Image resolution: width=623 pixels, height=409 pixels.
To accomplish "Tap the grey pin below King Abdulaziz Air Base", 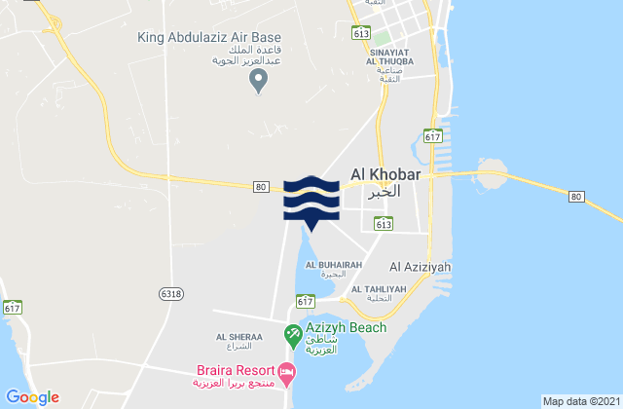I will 258,84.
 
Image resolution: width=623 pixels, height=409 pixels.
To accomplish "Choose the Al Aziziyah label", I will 420,265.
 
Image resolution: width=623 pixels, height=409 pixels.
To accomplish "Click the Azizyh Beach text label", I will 347,327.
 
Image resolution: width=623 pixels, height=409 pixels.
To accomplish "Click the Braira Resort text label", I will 229,371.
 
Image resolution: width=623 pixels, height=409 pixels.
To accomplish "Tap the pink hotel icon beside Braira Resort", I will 287,370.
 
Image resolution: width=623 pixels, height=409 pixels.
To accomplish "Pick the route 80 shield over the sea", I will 576,197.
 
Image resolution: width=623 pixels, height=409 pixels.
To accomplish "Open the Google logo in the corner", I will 32,396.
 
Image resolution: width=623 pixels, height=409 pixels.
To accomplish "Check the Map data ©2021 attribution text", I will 579,400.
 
